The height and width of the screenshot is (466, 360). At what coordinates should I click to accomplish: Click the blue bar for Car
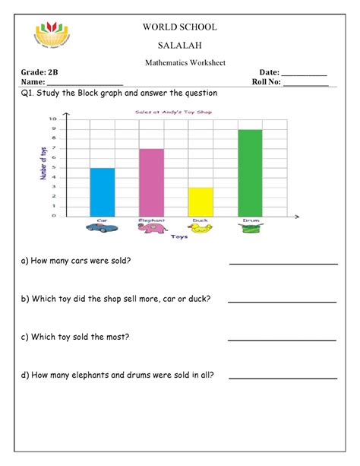tap(102, 192)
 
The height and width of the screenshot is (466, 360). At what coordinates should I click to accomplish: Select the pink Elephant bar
tap(151, 182)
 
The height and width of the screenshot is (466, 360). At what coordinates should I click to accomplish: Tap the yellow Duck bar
tap(201, 201)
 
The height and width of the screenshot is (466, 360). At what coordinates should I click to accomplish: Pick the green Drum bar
tap(250, 173)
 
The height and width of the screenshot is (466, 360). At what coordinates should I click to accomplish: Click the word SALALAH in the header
tap(180, 46)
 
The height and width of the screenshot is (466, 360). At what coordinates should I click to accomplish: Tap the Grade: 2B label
tap(38, 71)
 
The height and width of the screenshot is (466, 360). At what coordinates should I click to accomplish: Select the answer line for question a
tap(283, 264)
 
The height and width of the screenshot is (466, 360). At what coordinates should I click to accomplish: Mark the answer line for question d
tap(283, 377)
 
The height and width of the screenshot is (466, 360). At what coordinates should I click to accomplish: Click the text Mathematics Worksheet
tap(180, 63)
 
